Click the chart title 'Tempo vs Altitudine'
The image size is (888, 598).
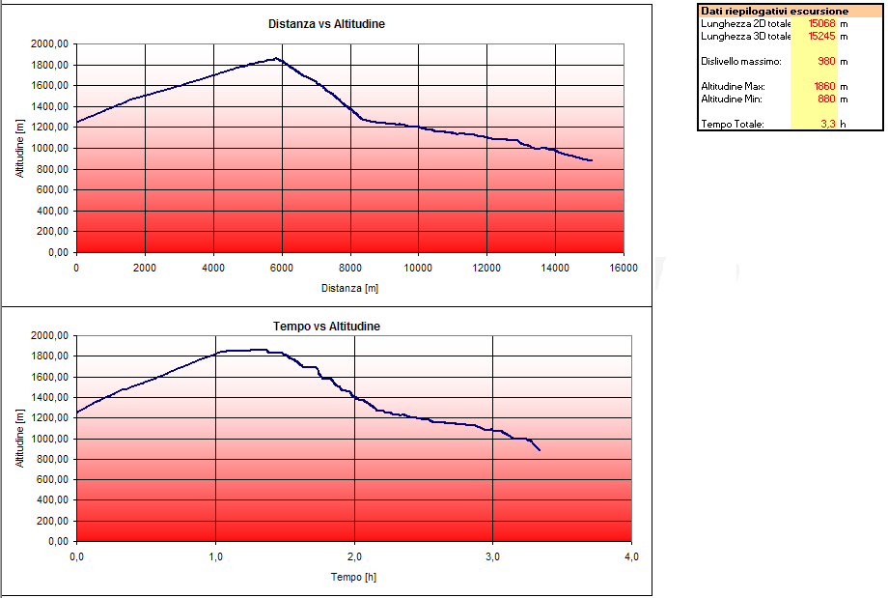(326, 327)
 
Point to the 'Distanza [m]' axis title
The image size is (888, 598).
(350, 288)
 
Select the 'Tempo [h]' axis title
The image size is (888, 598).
(353, 577)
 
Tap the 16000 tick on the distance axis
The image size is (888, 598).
(624, 267)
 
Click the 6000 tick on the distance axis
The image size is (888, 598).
(282, 267)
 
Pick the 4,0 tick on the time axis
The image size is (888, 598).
(632, 557)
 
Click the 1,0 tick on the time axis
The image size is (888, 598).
(215, 557)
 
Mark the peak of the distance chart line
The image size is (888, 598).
(277, 58)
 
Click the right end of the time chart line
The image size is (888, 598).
(540, 450)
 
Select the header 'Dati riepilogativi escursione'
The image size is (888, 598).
(775, 11)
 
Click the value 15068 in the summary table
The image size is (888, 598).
(819, 23)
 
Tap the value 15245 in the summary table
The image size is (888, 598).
(819, 36)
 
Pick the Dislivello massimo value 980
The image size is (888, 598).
(825, 61)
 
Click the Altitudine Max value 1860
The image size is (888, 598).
(822, 86)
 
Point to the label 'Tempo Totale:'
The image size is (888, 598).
(733, 124)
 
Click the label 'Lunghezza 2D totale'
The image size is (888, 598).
(746, 23)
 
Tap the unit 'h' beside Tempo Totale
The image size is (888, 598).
(843, 124)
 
